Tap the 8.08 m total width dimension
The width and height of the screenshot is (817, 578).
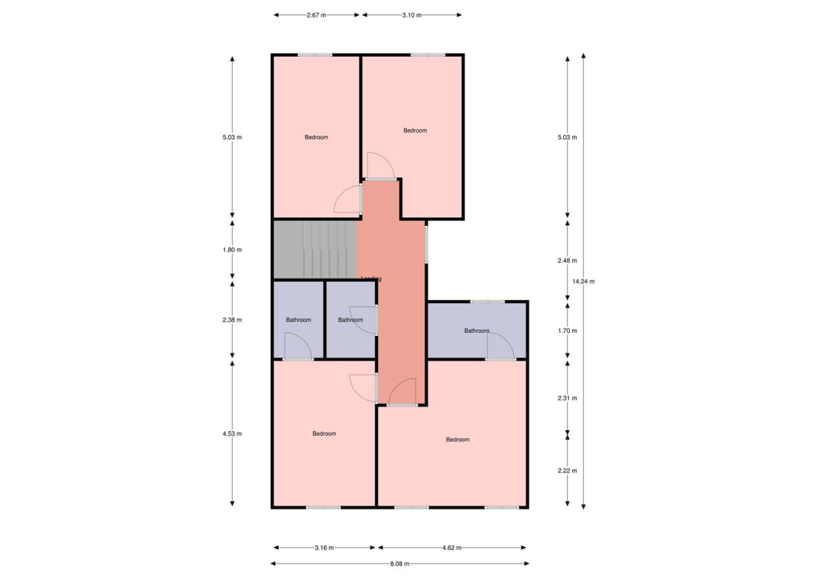click(x=400, y=564)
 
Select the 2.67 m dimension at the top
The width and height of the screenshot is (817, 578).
click(x=317, y=15)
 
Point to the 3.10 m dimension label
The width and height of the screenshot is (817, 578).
click(x=412, y=15)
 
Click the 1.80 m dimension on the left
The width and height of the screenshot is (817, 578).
click(x=232, y=250)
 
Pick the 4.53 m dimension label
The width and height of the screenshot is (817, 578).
click(x=232, y=433)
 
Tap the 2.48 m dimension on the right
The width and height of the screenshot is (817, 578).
click(x=567, y=260)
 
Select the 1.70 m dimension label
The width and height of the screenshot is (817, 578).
click(x=567, y=331)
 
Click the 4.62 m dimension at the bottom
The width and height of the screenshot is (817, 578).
click(x=452, y=548)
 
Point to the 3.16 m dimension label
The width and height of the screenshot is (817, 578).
click(x=324, y=548)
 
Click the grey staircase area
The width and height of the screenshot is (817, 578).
click(x=314, y=250)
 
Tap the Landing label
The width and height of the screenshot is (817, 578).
click(x=371, y=279)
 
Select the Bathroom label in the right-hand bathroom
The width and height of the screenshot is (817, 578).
click(x=476, y=331)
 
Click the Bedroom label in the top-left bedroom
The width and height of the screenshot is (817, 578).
click(x=316, y=137)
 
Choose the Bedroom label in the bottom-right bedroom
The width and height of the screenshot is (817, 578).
click(x=457, y=440)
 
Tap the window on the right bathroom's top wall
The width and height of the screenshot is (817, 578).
click(x=487, y=302)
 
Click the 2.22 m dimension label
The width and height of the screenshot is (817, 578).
click(x=567, y=470)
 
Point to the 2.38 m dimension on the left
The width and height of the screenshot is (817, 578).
click(x=232, y=320)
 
